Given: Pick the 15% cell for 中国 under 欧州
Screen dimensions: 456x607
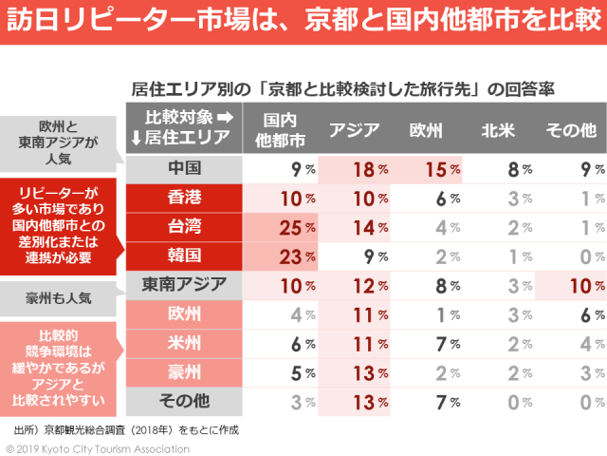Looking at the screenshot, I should (426, 170).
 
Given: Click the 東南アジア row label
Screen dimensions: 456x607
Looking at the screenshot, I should (184, 284).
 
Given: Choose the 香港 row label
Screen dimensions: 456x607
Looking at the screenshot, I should (184, 199).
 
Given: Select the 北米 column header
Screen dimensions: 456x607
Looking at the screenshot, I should (498, 130).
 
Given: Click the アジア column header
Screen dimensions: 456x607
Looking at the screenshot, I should (354, 130).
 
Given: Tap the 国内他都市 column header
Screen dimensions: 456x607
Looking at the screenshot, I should (282, 130).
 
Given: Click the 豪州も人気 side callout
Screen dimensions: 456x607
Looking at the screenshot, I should (59, 297).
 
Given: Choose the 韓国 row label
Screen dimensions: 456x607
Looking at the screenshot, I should (184, 256).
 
